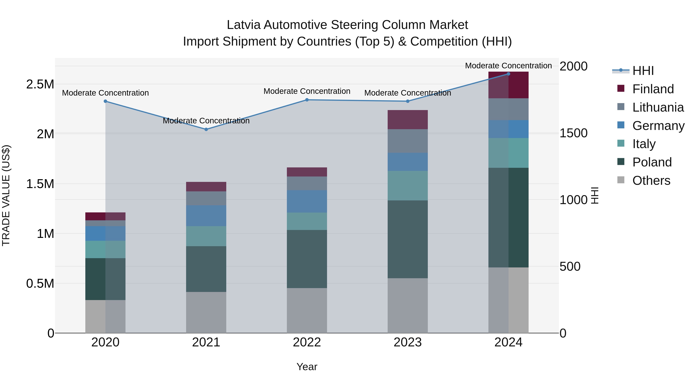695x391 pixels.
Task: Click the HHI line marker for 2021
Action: (x=206, y=129)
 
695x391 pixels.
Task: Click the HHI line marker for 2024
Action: (x=508, y=74)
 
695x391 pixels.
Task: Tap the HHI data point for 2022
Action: (x=307, y=100)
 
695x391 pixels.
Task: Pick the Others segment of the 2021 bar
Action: (x=206, y=312)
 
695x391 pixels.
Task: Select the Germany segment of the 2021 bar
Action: (x=206, y=216)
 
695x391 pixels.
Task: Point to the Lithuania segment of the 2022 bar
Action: (x=307, y=183)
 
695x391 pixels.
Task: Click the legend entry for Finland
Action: (x=653, y=89)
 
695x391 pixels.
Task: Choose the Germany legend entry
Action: (x=658, y=126)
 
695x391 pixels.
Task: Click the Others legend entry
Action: (x=651, y=181)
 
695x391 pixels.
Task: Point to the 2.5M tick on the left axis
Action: (x=40, y=84)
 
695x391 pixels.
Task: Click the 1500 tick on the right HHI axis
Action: (x=573, y=133)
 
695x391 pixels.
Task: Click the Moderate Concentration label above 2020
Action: (x=105, y=93)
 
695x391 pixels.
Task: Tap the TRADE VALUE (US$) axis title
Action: (x=6, y=195)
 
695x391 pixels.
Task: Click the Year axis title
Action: (x=307, y=367)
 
